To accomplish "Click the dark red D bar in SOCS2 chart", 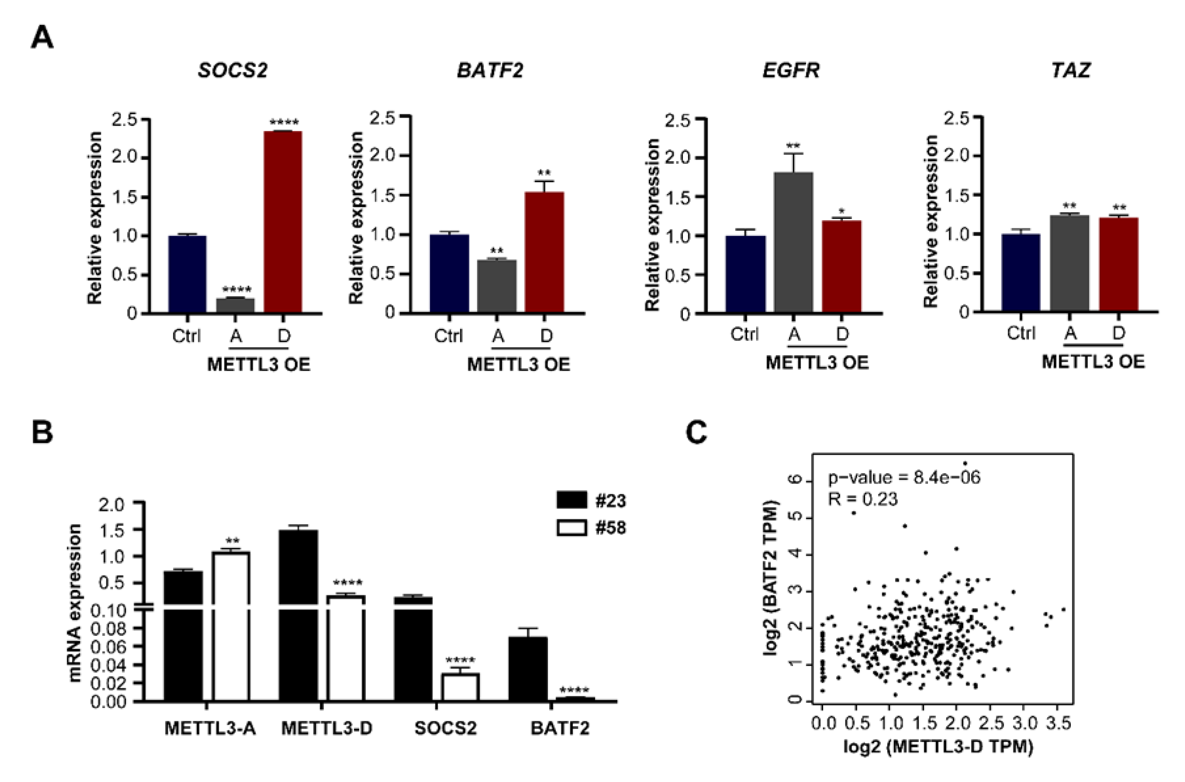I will pos(283,222).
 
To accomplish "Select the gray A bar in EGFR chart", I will pos(793,243).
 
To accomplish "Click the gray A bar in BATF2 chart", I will pos(497,286).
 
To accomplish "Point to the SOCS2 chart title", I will pos(233,70).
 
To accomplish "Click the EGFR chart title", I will pos(791,70).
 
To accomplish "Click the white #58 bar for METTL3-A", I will pos(231,626).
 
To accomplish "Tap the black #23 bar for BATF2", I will pos(528,669).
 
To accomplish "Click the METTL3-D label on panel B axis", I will pos(327,728).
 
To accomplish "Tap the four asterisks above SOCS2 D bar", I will pos(284,122).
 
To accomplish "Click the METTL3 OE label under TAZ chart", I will pos(1093,362).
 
